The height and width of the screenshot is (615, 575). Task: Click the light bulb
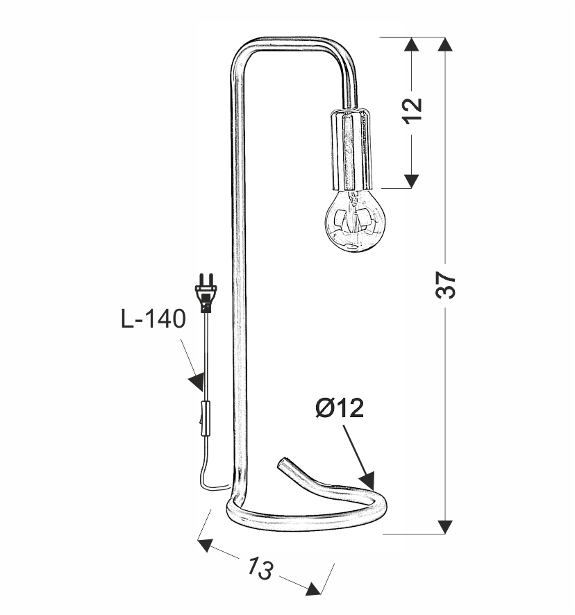pos(356,222)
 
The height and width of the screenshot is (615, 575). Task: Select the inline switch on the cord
pos(206,419)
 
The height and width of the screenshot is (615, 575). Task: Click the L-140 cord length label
pos(153,319)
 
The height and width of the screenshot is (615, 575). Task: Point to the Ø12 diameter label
pos(339,409)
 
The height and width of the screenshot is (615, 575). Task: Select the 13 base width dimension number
pos(259,568)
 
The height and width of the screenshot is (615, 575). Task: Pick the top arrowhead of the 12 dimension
pos(411,45)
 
